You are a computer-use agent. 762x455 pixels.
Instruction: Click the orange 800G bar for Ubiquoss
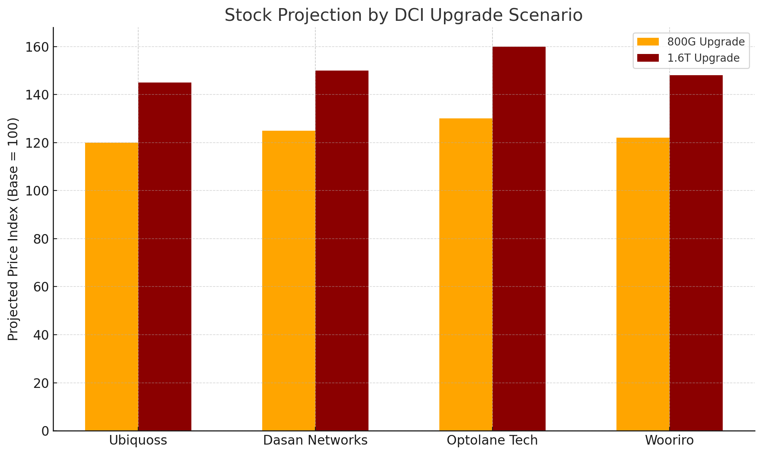pos(112,286)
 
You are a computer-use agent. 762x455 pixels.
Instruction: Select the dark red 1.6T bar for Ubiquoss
pos(165,256)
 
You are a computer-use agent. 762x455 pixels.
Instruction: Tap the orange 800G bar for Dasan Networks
pos(289,281)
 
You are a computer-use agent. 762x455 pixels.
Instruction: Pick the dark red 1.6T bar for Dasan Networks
pos(342,251)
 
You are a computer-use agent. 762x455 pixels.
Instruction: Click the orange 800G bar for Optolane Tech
pos(466,275)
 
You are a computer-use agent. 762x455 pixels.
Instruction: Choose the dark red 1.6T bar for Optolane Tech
pos(519,239)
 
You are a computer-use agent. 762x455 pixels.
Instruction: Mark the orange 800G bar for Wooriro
pos(643,284)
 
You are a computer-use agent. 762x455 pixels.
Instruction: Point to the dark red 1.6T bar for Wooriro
pos(696,253)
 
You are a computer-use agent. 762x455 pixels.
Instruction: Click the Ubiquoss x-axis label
pos(138,440)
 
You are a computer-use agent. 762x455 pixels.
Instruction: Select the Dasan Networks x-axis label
pos(315,440)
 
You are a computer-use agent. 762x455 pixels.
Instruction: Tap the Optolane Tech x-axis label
pos(492,440)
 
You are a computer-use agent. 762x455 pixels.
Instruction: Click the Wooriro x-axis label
pos(670,440)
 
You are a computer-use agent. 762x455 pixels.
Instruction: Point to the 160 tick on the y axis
pos(37,47)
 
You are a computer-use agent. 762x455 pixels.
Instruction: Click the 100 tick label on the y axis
pos(37,191)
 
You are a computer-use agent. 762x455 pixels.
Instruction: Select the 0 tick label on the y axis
pos(45,431)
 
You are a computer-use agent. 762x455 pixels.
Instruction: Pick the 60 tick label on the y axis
pos(42,287)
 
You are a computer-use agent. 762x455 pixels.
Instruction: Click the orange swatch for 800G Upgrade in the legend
pos(648,42)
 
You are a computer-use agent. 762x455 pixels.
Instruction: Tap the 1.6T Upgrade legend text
pos(703,58)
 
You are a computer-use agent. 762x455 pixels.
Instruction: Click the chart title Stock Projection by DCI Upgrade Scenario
pos(404,15)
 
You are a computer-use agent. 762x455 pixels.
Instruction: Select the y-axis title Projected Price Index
pos(13,229)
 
